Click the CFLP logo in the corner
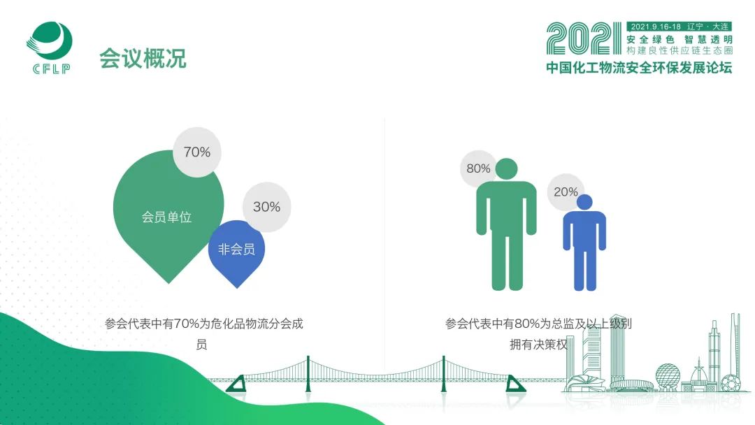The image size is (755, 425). pos(49,48)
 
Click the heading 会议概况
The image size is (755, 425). pos(143,58)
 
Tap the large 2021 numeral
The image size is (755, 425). pos(584,38)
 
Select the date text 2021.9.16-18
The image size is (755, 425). pos(656,27)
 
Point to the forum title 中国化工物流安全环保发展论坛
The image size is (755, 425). pos(639,67)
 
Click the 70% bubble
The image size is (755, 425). pos(197,152)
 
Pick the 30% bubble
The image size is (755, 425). pos(267,207)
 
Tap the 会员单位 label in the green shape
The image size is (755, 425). pos(166,217)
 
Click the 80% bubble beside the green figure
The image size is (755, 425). pos(478,168)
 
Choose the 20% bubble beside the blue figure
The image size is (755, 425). pos(566,192)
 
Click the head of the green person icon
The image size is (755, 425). pos(507,169)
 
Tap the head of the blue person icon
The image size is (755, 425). pos(584,202)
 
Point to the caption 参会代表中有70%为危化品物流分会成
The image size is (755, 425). pos(204,324)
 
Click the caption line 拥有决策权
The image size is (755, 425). pos(539,345)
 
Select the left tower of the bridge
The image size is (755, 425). pos(308,374)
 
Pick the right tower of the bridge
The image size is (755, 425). pos(443,374)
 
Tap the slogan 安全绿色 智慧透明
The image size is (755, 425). pos(679,39)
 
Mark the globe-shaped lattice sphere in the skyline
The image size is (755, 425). pos(668,375)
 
